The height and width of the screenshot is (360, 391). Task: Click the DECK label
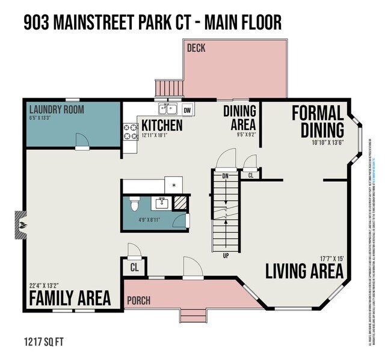pos(197,48)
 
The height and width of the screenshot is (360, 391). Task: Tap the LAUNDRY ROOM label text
pos(57,110)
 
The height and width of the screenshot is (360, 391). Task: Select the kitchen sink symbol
pos(167,109)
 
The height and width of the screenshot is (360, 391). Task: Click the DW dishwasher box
pos(188,110)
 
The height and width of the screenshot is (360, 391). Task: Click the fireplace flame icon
pos(22,224)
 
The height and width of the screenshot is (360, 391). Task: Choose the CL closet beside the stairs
pos(250,175)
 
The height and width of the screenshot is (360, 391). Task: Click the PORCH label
pos(138,300)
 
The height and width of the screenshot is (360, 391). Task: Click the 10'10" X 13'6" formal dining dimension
pos(327,143)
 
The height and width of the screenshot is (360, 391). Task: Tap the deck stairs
pos(169,90)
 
